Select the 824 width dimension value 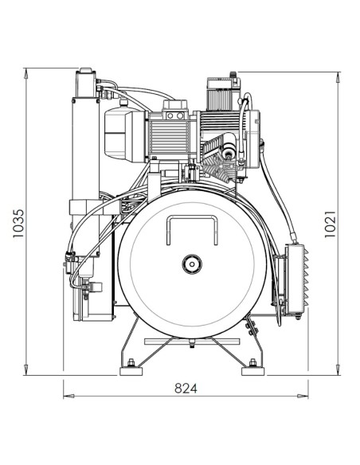(186, 389)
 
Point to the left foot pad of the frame (127, 370)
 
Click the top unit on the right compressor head (223, 91)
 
